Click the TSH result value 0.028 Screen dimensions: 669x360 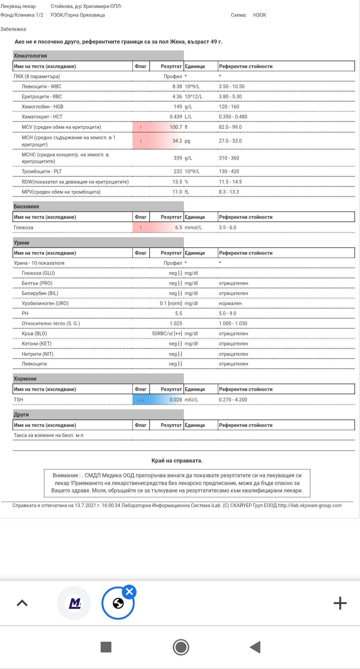click(x=175, y=399)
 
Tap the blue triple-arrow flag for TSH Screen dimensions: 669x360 click(x=141, y=399)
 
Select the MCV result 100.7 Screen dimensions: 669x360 click(x=176, y=127)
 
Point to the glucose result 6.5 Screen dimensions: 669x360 click(x=178, y=227)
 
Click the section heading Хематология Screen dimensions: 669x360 click(x=30, y=56)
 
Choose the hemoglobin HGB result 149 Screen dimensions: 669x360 click(x=178, y=106)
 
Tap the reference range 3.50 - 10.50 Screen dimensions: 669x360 click(x=232, y=86)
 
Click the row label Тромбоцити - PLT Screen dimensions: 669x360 click(x=42, y=171)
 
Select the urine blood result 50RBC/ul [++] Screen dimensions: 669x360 click(x=167, y=333)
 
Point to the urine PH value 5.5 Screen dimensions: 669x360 click(x=178, y=313)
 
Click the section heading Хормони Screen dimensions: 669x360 click(x=25, y=379)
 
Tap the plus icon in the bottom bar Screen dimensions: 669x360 click(x=340, y=603)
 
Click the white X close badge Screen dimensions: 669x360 click(x=130, y=592)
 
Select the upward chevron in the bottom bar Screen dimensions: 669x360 click(x=22, y=603)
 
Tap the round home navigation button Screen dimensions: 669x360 click(x=181, y=647)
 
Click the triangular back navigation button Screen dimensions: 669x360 click(x=256, y=647)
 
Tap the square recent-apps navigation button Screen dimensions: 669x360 click(x=106, y=647)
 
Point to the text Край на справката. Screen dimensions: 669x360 click(x=177, y=461)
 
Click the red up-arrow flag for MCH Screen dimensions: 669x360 click(x=141, y=141)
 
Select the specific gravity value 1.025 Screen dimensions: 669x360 click(x=176, y=323)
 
